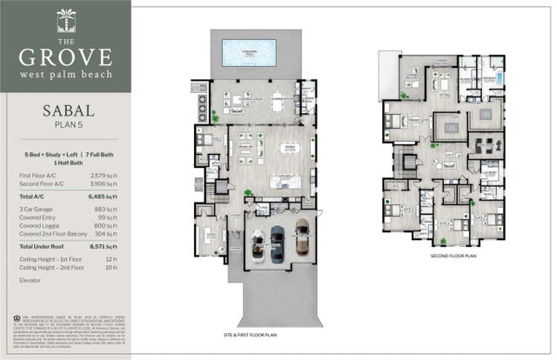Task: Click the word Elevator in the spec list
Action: (x=31, y=280)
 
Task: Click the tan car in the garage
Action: (x=301, y=232)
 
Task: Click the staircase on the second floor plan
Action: (x=402, y=160)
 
